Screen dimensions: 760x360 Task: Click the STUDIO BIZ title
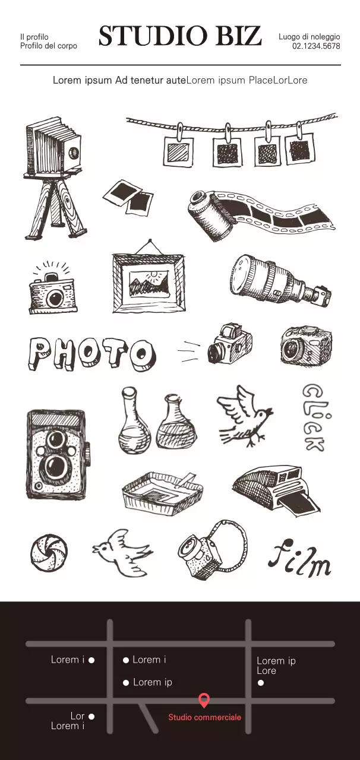[x=179, y=37]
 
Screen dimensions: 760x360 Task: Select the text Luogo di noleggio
[x=309, y=37]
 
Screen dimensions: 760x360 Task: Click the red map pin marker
[x=204, y=701]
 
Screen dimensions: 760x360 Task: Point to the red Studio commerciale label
[x=204, y=717]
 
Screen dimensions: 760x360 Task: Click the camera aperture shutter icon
[x=49, y=552]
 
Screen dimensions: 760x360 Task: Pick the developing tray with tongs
[x=162, y=491]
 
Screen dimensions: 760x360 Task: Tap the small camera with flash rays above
[x=52, y=289]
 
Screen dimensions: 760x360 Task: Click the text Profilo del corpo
[x=48, y=46]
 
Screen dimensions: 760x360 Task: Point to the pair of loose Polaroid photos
[x=128, y=197]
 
